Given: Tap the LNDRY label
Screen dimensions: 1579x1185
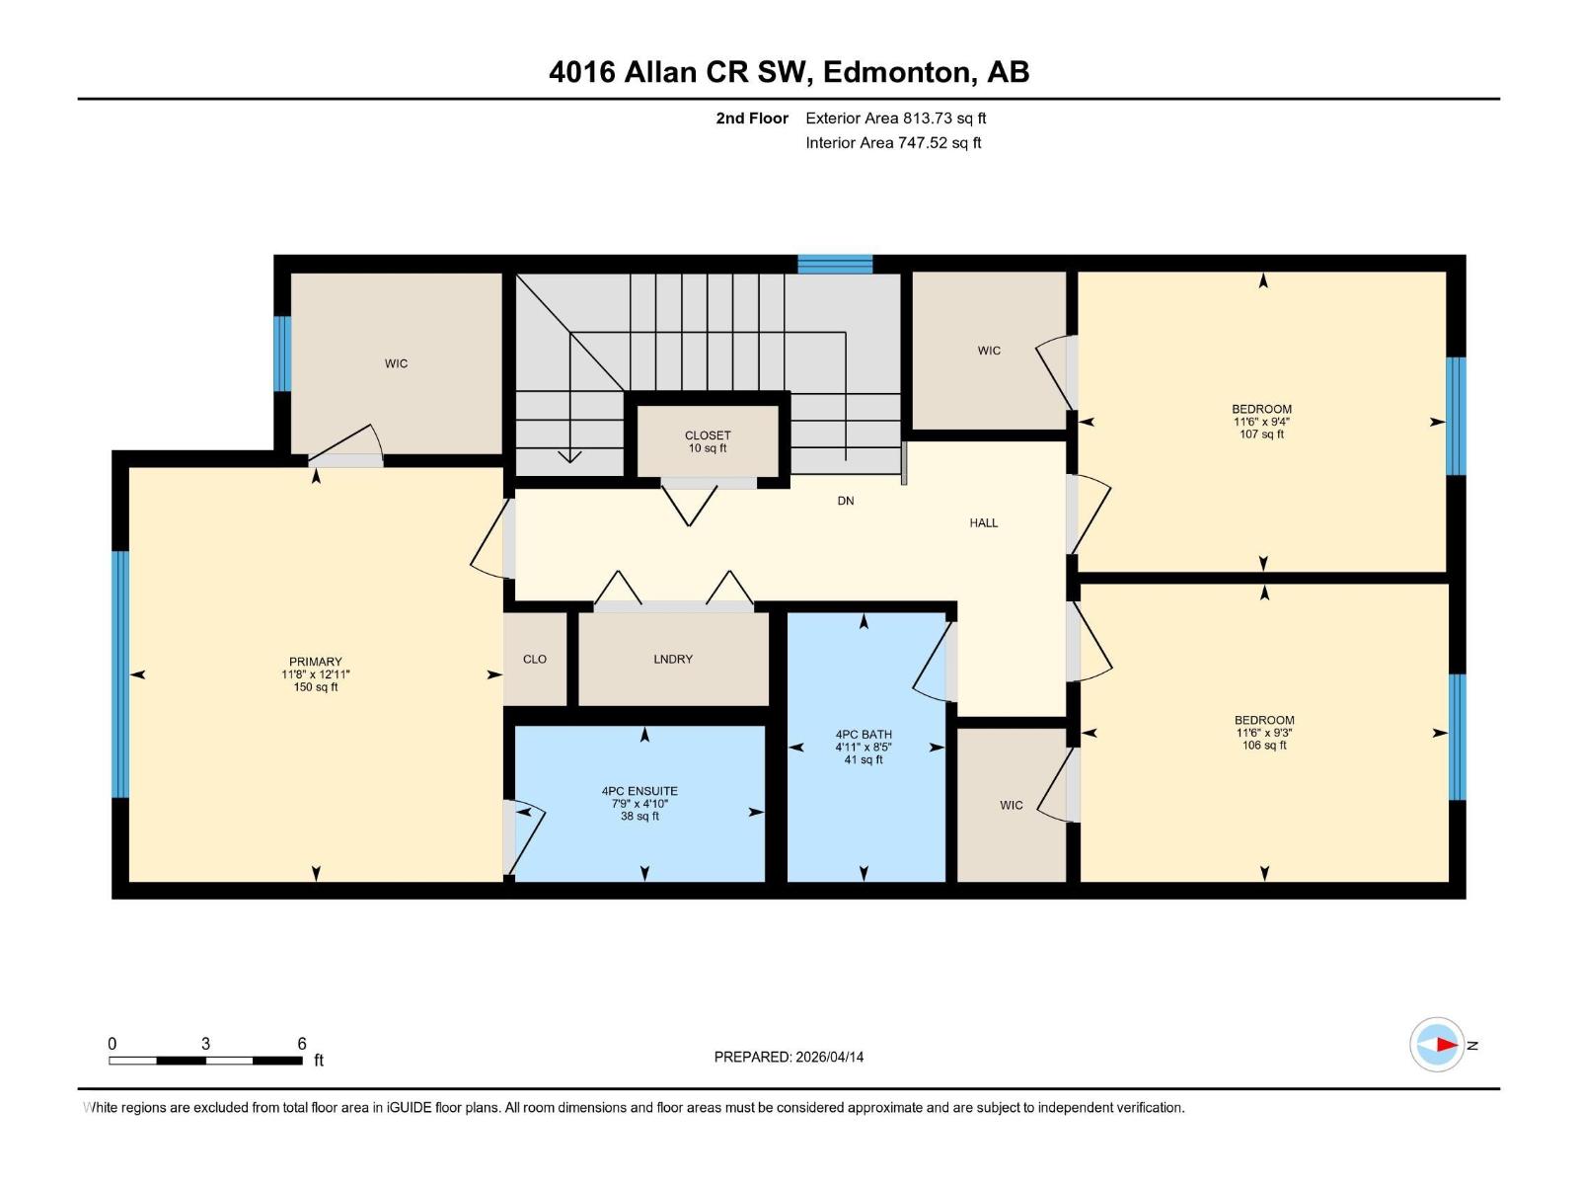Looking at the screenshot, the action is [x=673, y=659].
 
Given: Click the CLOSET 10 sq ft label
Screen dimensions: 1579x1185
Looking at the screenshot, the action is [x=708, y=441].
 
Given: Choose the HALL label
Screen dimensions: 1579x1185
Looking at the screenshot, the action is [x=983, y=523].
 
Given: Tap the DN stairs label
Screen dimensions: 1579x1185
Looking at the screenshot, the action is [x=845, y=501].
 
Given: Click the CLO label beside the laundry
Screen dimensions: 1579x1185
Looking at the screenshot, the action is [x=535, y=659].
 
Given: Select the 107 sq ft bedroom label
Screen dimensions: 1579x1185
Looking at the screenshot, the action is [x=1262, y=422].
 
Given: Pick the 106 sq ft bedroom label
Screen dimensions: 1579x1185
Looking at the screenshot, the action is [x=1264, y=733].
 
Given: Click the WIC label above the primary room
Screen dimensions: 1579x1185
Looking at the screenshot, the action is [x=396, y=363].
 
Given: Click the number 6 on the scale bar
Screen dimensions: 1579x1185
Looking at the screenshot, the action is [x=301, y=1043].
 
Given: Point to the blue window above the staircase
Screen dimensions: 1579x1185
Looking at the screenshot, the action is [x=835, y=264].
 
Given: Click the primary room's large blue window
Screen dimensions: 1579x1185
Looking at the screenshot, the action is [x=120, y=674].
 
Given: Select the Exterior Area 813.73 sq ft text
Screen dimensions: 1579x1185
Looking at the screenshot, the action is [x=896, y=118].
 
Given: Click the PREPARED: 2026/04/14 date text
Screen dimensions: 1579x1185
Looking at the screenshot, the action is [x=789, y=1057].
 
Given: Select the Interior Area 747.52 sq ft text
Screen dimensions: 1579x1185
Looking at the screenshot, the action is [x=893, y=142].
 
